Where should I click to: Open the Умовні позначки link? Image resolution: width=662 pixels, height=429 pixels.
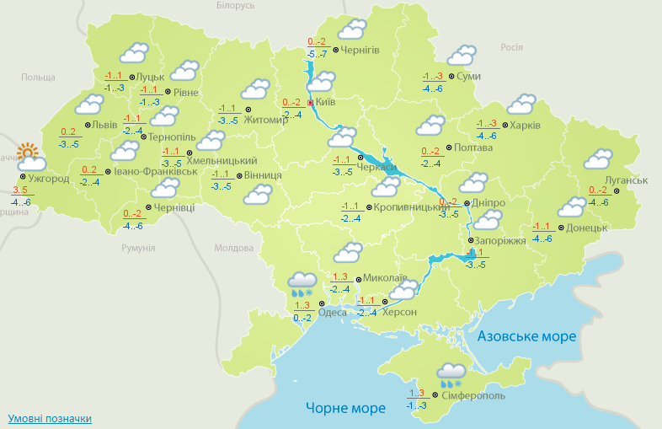point(50,418)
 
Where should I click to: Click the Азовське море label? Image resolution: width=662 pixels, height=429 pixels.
point(526,336)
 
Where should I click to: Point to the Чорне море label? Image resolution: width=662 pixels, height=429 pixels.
point(345,408)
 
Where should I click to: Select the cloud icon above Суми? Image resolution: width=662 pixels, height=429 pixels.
point(462,56)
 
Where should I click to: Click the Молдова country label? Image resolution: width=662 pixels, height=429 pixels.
point(233,248)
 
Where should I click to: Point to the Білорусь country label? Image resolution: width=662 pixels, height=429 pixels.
point(235,5)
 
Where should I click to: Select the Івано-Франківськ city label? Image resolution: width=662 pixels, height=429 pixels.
point(144,172)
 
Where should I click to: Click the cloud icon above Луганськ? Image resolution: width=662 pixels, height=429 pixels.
point(598,159)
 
